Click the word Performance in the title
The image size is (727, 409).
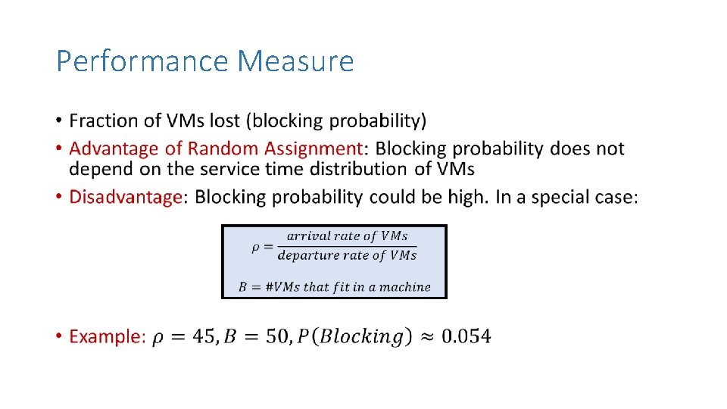click(x=142, y=61)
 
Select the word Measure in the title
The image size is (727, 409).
click(x=296, y=61)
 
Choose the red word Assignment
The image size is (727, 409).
click(x=312, y=148)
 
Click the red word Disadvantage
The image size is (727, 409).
click(x=125, y=197)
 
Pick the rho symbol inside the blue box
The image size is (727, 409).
click(x=256, y=245)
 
